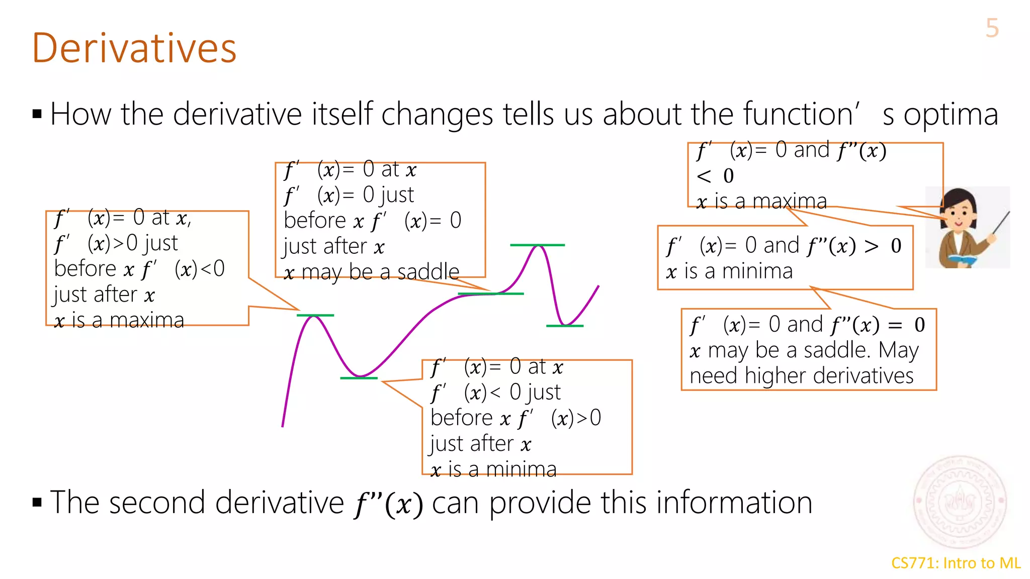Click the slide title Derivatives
pyautogui.click(x=134, y=48)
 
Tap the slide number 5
pyautogui.click(x=992, y=28)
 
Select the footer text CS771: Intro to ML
pyautogui.click(x=956, y=563)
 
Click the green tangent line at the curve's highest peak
pyautogui.click(x=537, y=245)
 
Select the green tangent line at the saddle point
pyautogui.click(x=491, y=294)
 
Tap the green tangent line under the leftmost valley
pyautogui.click(x=359, y=378)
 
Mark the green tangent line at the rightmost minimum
pyautogui.click(x=564, y=326)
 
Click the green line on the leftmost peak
pyautogui.click(x=315, y=316)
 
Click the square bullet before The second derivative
pyautogui.click(x=37, y=502)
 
